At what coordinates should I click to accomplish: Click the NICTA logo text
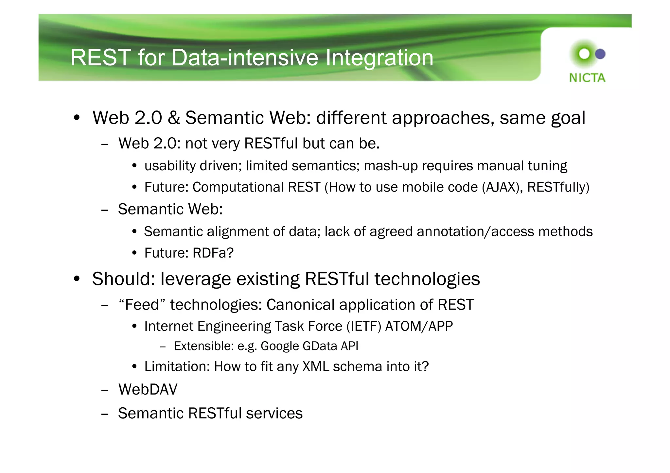(587, 78)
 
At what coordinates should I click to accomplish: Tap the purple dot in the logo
(600, 54)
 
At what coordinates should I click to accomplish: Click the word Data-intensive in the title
(244, 58)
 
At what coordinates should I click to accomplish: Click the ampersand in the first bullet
(174, 118)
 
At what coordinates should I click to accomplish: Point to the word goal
(568, 118)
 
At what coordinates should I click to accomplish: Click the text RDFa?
(213, 253)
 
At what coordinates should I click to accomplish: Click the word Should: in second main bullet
(123, 279)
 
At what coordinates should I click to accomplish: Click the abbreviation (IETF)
(364, 327)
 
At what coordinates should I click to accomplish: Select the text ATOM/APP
(419, 327)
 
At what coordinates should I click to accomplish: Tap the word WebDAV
(148, 390)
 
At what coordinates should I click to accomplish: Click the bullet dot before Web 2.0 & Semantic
(77, 118)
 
